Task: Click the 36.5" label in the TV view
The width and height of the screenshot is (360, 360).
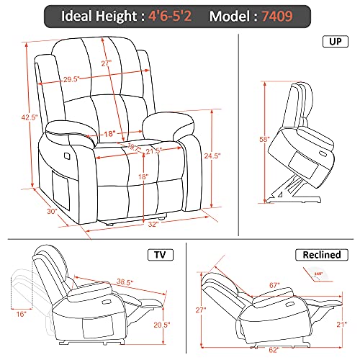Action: coord(128,282)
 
